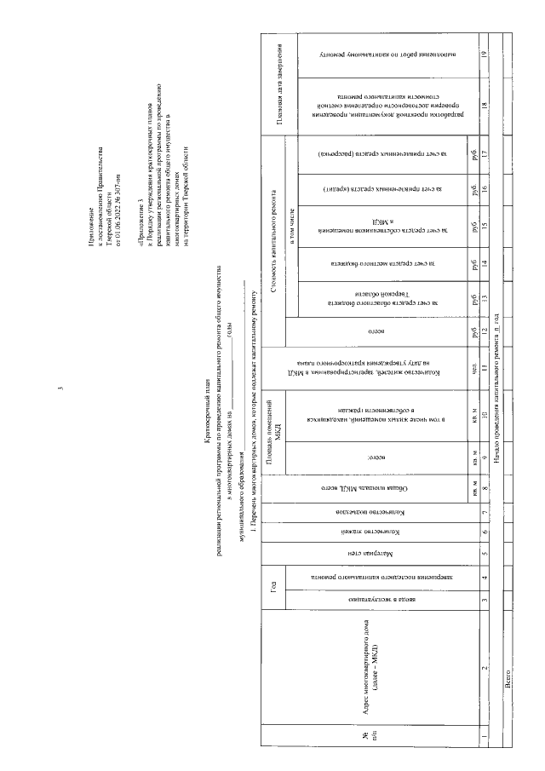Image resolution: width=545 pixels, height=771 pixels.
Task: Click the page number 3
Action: coord(59,389)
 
